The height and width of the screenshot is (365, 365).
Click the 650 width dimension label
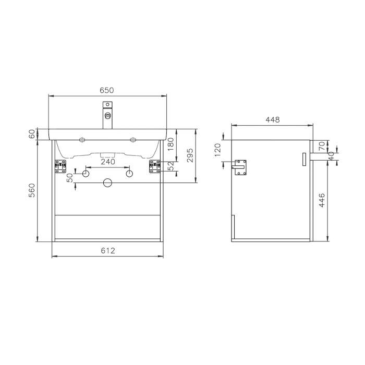coord(107,90)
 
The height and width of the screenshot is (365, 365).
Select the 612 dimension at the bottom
coord(107,251)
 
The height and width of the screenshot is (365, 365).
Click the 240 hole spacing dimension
coord(107,162)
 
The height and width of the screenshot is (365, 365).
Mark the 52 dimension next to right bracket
coord(171,166)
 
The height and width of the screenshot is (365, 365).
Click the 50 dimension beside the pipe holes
coord(70,178)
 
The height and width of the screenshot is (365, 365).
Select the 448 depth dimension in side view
coord(272,119)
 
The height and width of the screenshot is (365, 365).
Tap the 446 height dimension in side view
coord(322,201)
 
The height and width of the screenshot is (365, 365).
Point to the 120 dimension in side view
coord(218,150)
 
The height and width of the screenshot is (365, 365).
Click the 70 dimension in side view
coord(322,144)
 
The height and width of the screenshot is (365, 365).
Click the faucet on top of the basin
coord(108,116)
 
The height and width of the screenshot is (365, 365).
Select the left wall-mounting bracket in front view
coord(60,167)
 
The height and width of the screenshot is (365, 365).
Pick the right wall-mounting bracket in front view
coord(155,167)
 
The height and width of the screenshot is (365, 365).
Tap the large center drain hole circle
coord(108,182)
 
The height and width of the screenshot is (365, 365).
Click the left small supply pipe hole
coord(87,173)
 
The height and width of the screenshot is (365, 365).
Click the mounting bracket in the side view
coord(241,167)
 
